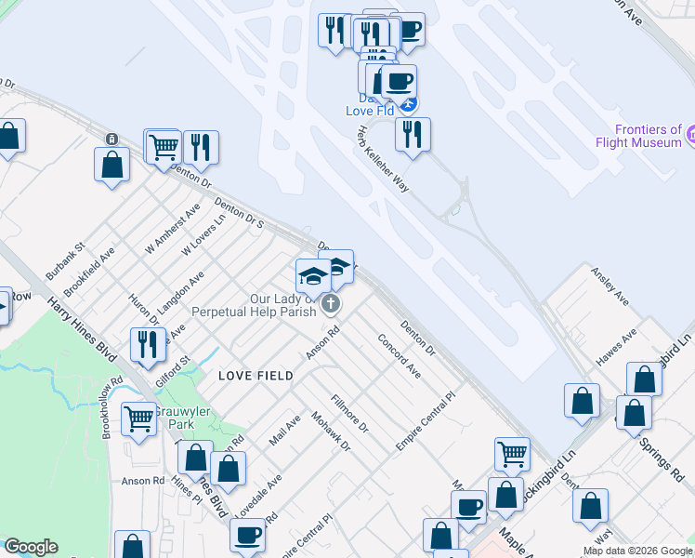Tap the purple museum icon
(x=690, y=137)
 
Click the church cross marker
(x=330, y=304)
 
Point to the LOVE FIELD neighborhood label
(x=256, y=376)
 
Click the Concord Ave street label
(x=400, y=356)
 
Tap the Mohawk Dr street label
(x=331, y=432)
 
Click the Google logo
(x=31, y=547)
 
